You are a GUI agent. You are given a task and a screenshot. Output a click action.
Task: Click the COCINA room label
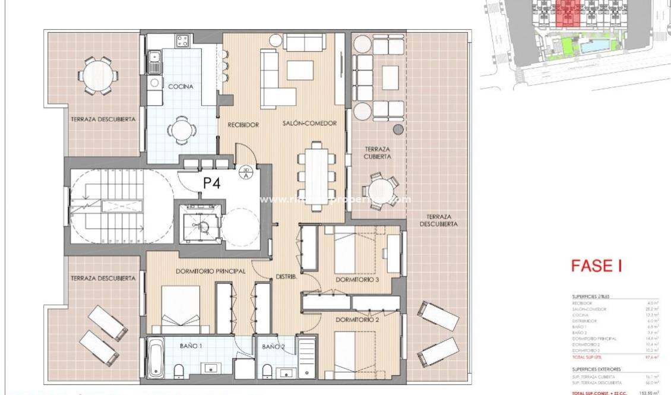tap(181, 87)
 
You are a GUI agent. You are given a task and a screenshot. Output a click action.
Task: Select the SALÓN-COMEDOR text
tap(310, 124)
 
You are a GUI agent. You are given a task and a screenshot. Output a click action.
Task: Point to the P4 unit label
tap(212, 184)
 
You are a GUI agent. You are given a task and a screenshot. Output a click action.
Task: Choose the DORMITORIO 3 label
tap(357, 280)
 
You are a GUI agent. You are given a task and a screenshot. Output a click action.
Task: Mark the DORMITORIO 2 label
tap(357, 320)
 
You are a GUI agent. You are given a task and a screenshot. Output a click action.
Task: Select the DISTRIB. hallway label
tap(286, 276)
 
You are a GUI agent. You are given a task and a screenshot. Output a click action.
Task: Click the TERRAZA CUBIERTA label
tap(378, 153)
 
